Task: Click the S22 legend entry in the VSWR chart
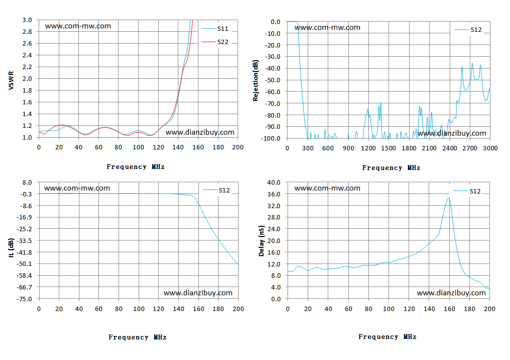(x=215, y=42)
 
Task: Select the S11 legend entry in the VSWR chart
(x=215, y=28)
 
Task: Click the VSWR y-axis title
(x=11, y=81)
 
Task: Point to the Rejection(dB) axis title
(x=256, y=80)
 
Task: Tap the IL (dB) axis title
(x=11, y=247)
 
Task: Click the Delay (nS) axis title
(x=261, y=240)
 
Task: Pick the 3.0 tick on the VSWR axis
(x=27, y=20)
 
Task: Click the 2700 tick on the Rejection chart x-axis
(x=470, y=148)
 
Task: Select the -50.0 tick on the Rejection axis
(x=272, y=80)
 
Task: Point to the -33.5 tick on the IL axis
(x=24, y=240)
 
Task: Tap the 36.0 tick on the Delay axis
(x=273, y=194)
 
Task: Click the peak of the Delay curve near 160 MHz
(x=449, y=198)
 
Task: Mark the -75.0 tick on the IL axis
(x=24, y=299)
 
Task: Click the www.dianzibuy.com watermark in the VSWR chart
(x=200, y=132)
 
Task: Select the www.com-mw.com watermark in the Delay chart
(x=327, y=188)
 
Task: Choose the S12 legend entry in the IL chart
(x=216, y=190)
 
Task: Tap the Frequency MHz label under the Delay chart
(x=388, y=336)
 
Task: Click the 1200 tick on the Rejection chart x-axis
(x=368, y=148)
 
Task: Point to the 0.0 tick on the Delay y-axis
(x=275, y=299)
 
